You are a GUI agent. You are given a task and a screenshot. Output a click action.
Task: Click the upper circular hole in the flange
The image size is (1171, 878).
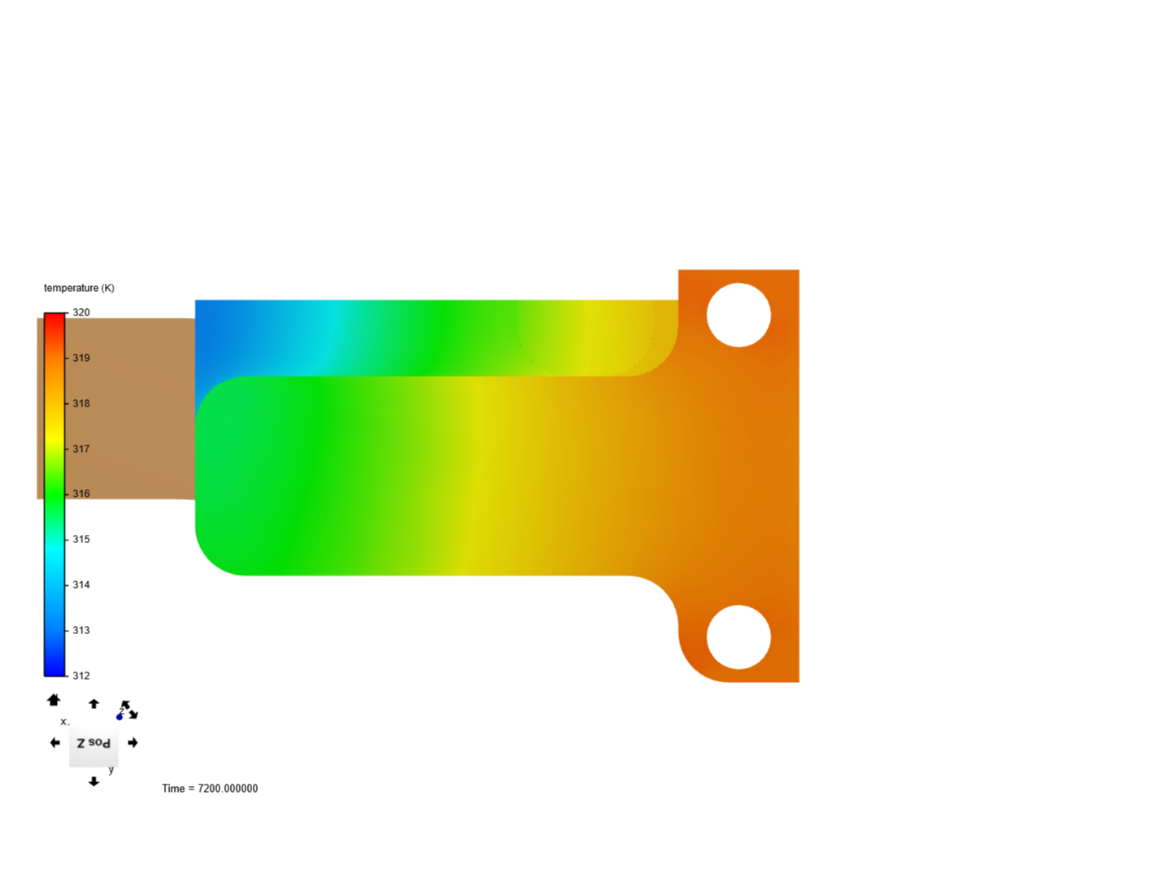point(738,315)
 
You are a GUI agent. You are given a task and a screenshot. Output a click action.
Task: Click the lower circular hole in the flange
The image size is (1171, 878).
point(738,637)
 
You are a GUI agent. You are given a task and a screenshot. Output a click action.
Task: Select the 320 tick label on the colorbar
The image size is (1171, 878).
point(81,312)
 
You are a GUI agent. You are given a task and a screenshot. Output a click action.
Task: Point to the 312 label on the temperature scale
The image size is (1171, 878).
point(81,676)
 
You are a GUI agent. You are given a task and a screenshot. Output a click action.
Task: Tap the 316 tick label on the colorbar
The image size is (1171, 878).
point(81,493)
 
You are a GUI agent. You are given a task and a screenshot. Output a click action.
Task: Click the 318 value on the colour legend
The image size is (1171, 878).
point(81,403)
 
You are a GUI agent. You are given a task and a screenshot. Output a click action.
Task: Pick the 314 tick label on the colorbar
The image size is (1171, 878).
point(81,585)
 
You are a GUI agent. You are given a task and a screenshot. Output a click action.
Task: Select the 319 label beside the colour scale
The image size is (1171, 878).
point(81,358)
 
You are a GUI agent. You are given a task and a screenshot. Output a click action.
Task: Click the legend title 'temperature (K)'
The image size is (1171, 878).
point(79,288)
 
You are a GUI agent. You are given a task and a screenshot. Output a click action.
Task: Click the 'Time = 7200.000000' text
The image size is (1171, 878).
point(210,789)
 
